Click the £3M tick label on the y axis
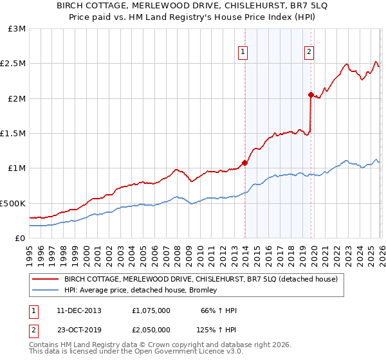[17, 29]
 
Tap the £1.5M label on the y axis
[14, 134]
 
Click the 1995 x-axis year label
[30, 254]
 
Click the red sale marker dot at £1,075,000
[244, 163]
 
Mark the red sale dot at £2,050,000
[311, 95]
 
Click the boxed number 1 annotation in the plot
[244, 53]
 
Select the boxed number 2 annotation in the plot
[309, 53]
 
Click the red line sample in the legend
[46, 279]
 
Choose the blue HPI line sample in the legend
[46, 291]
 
